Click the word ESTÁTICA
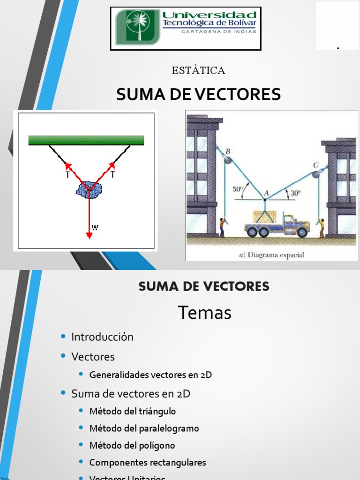pos(199,71)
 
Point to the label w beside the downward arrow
pos(95,227)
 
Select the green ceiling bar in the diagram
pos(86,140)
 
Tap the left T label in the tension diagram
pos(67,175)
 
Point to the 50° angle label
pos(239,189)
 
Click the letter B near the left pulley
pos(228,151)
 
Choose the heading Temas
pos(205,313)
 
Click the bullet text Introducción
pos(102,337)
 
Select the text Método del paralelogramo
pos(144,428)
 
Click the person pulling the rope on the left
pos(222,227)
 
